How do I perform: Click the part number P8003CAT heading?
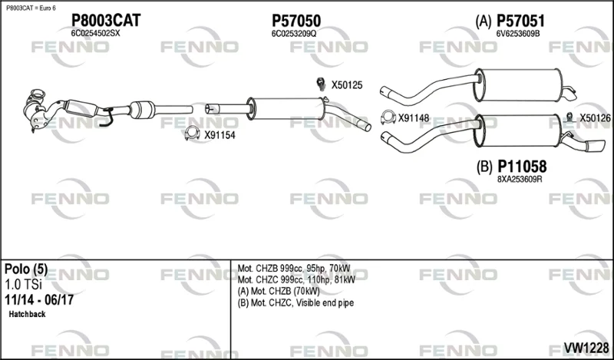106,21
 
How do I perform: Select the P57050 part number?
296,21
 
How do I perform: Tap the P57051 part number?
520,21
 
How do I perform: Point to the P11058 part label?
522,167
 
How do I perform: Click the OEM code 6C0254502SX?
95,34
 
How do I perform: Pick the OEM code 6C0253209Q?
294,34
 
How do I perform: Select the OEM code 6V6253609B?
518,34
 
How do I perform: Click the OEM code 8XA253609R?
520,180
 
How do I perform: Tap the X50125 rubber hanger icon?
322,84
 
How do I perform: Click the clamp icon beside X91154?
192,134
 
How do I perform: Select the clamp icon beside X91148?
388,117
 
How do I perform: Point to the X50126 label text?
596,117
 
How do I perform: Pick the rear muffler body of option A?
519,85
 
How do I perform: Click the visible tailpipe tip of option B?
596,145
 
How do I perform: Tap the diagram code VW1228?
586,348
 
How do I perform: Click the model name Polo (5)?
26,269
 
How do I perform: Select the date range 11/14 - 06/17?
39,300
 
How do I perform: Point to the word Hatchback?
27,314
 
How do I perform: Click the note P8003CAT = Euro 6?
31,8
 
